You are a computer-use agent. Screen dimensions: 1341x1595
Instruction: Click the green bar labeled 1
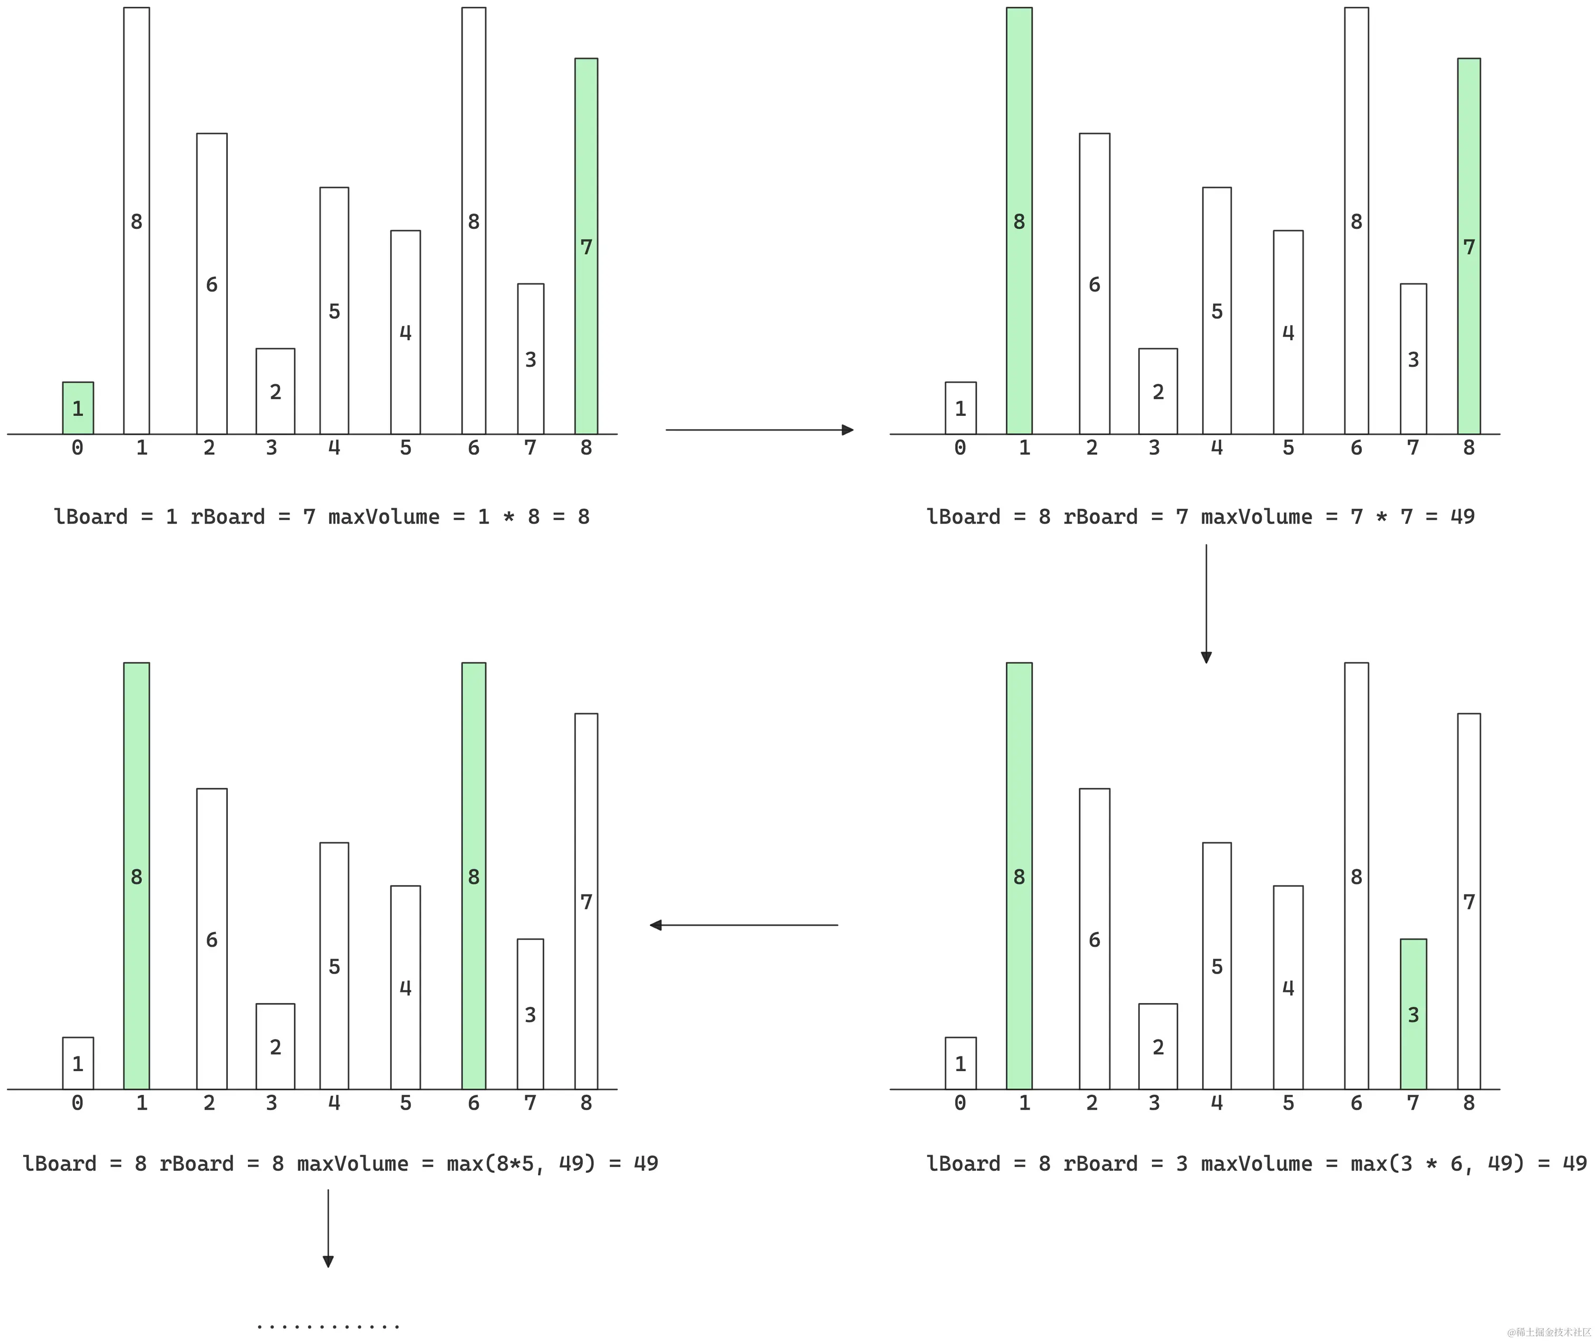click(78, 407)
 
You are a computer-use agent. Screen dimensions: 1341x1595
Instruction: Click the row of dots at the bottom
click(328, 1327)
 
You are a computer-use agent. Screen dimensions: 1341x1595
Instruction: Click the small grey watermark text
click(1549, 1332)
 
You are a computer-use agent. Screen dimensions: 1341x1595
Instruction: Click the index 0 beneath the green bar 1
click(77, 448)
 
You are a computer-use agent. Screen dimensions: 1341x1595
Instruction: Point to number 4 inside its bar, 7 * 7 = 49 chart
click(1287, 332)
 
